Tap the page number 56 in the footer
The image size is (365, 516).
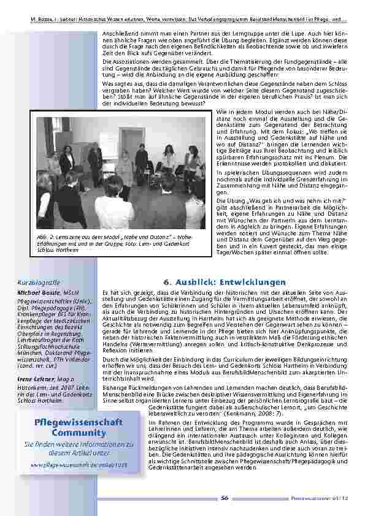[225, 498]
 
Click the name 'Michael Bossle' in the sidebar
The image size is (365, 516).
[36, 294]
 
